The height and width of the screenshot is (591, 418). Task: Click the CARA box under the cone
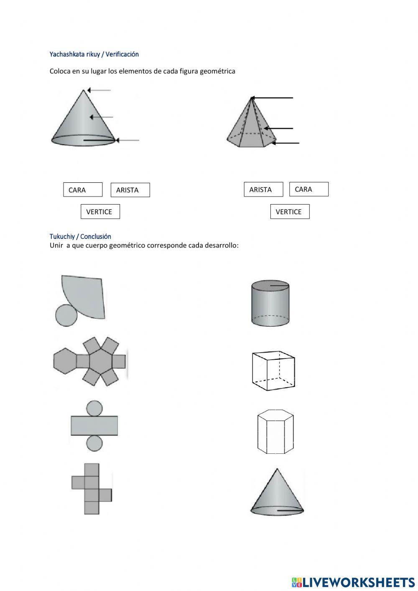pyautogui.click(x=83, y=190)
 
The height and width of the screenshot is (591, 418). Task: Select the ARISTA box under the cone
pyautogui.click(x=130, y=190)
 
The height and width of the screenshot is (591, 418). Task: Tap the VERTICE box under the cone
pyautogui.click(x=100, y=212)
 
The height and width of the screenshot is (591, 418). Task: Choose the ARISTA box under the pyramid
pyautogui.click(x=263, y=189)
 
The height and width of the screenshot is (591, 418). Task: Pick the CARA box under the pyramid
pyautogui.click(x=308, y=189)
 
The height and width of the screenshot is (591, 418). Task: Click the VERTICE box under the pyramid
pyautogui.click(x=290, y=212)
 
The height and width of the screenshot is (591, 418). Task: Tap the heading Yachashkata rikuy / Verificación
pyautogui.click(x=94, y=54)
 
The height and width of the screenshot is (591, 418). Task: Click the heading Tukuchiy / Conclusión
pyautogui.click(x=80, y=236)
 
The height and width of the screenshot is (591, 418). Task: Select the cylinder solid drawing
pyautogui.click(x=270, y=303)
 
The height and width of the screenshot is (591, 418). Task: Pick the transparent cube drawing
pyautogui.click(x=273, y=371)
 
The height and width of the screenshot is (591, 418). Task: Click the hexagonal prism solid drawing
pyautogui.click(x=275, y=432)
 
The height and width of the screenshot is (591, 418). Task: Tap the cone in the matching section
pyautogui.click(x=277, y=494)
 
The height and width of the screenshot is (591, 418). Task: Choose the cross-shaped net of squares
pyautogui.click(x=91, y=489)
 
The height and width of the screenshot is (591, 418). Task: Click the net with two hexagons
pyautogui.click(x=90, y=361)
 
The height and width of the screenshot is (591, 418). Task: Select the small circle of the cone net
pyautogui.click(x=66, y=315)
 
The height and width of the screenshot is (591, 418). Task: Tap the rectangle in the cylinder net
pyautogui.click(x=94, y=425)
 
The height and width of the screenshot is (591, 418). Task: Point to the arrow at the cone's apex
pyautogui.click(x=99, y=90)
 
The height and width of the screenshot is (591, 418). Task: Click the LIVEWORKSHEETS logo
pyautogui.click(x=353, y=582)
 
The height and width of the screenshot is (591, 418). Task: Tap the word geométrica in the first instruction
pyautogui.click(x=217, y=71)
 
